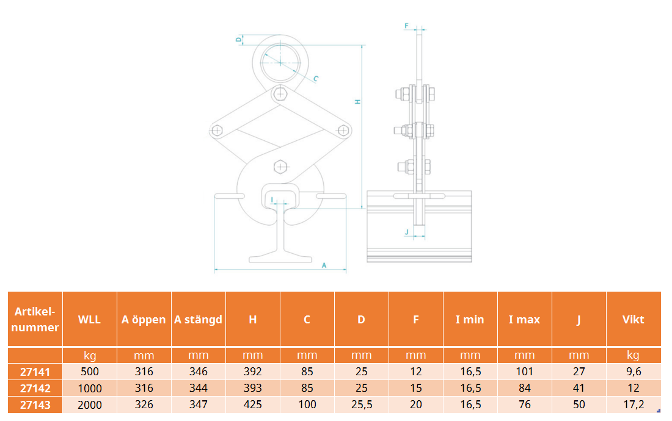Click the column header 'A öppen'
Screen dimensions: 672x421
144,320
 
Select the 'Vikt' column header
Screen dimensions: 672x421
633,320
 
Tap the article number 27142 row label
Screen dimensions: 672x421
35,389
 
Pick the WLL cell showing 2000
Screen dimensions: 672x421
90,405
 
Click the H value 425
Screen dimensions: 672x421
253,405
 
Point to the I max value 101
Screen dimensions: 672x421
525,372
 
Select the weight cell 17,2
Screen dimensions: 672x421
634,405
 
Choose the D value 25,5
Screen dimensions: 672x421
362,405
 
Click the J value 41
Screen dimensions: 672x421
579,388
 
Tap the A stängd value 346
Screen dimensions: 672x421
199,372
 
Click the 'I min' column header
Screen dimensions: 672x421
470,320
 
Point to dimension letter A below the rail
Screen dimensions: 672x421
324,265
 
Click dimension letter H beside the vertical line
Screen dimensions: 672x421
357,102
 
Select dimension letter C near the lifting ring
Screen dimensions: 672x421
316,78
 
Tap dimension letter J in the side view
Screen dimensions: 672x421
407,232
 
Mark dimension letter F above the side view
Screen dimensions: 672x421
407,26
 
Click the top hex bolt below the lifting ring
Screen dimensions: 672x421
280,93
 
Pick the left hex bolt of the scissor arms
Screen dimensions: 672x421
217,131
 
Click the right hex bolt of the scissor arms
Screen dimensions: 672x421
343,131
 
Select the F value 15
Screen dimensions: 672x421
415,388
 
